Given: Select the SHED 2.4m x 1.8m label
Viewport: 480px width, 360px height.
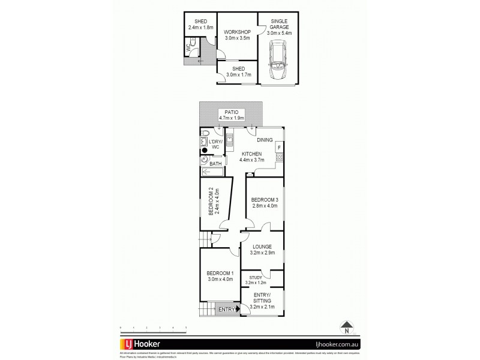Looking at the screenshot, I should point(200,24).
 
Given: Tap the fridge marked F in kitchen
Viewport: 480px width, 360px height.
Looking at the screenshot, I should point(278,148).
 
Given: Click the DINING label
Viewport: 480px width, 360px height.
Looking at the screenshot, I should point(265,140).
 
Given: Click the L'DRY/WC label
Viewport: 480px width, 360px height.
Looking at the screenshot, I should point(215,144).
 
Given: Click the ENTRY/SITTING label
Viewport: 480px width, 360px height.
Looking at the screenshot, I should point(262,304).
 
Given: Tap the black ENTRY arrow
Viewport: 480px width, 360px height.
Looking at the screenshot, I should point(239,310).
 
